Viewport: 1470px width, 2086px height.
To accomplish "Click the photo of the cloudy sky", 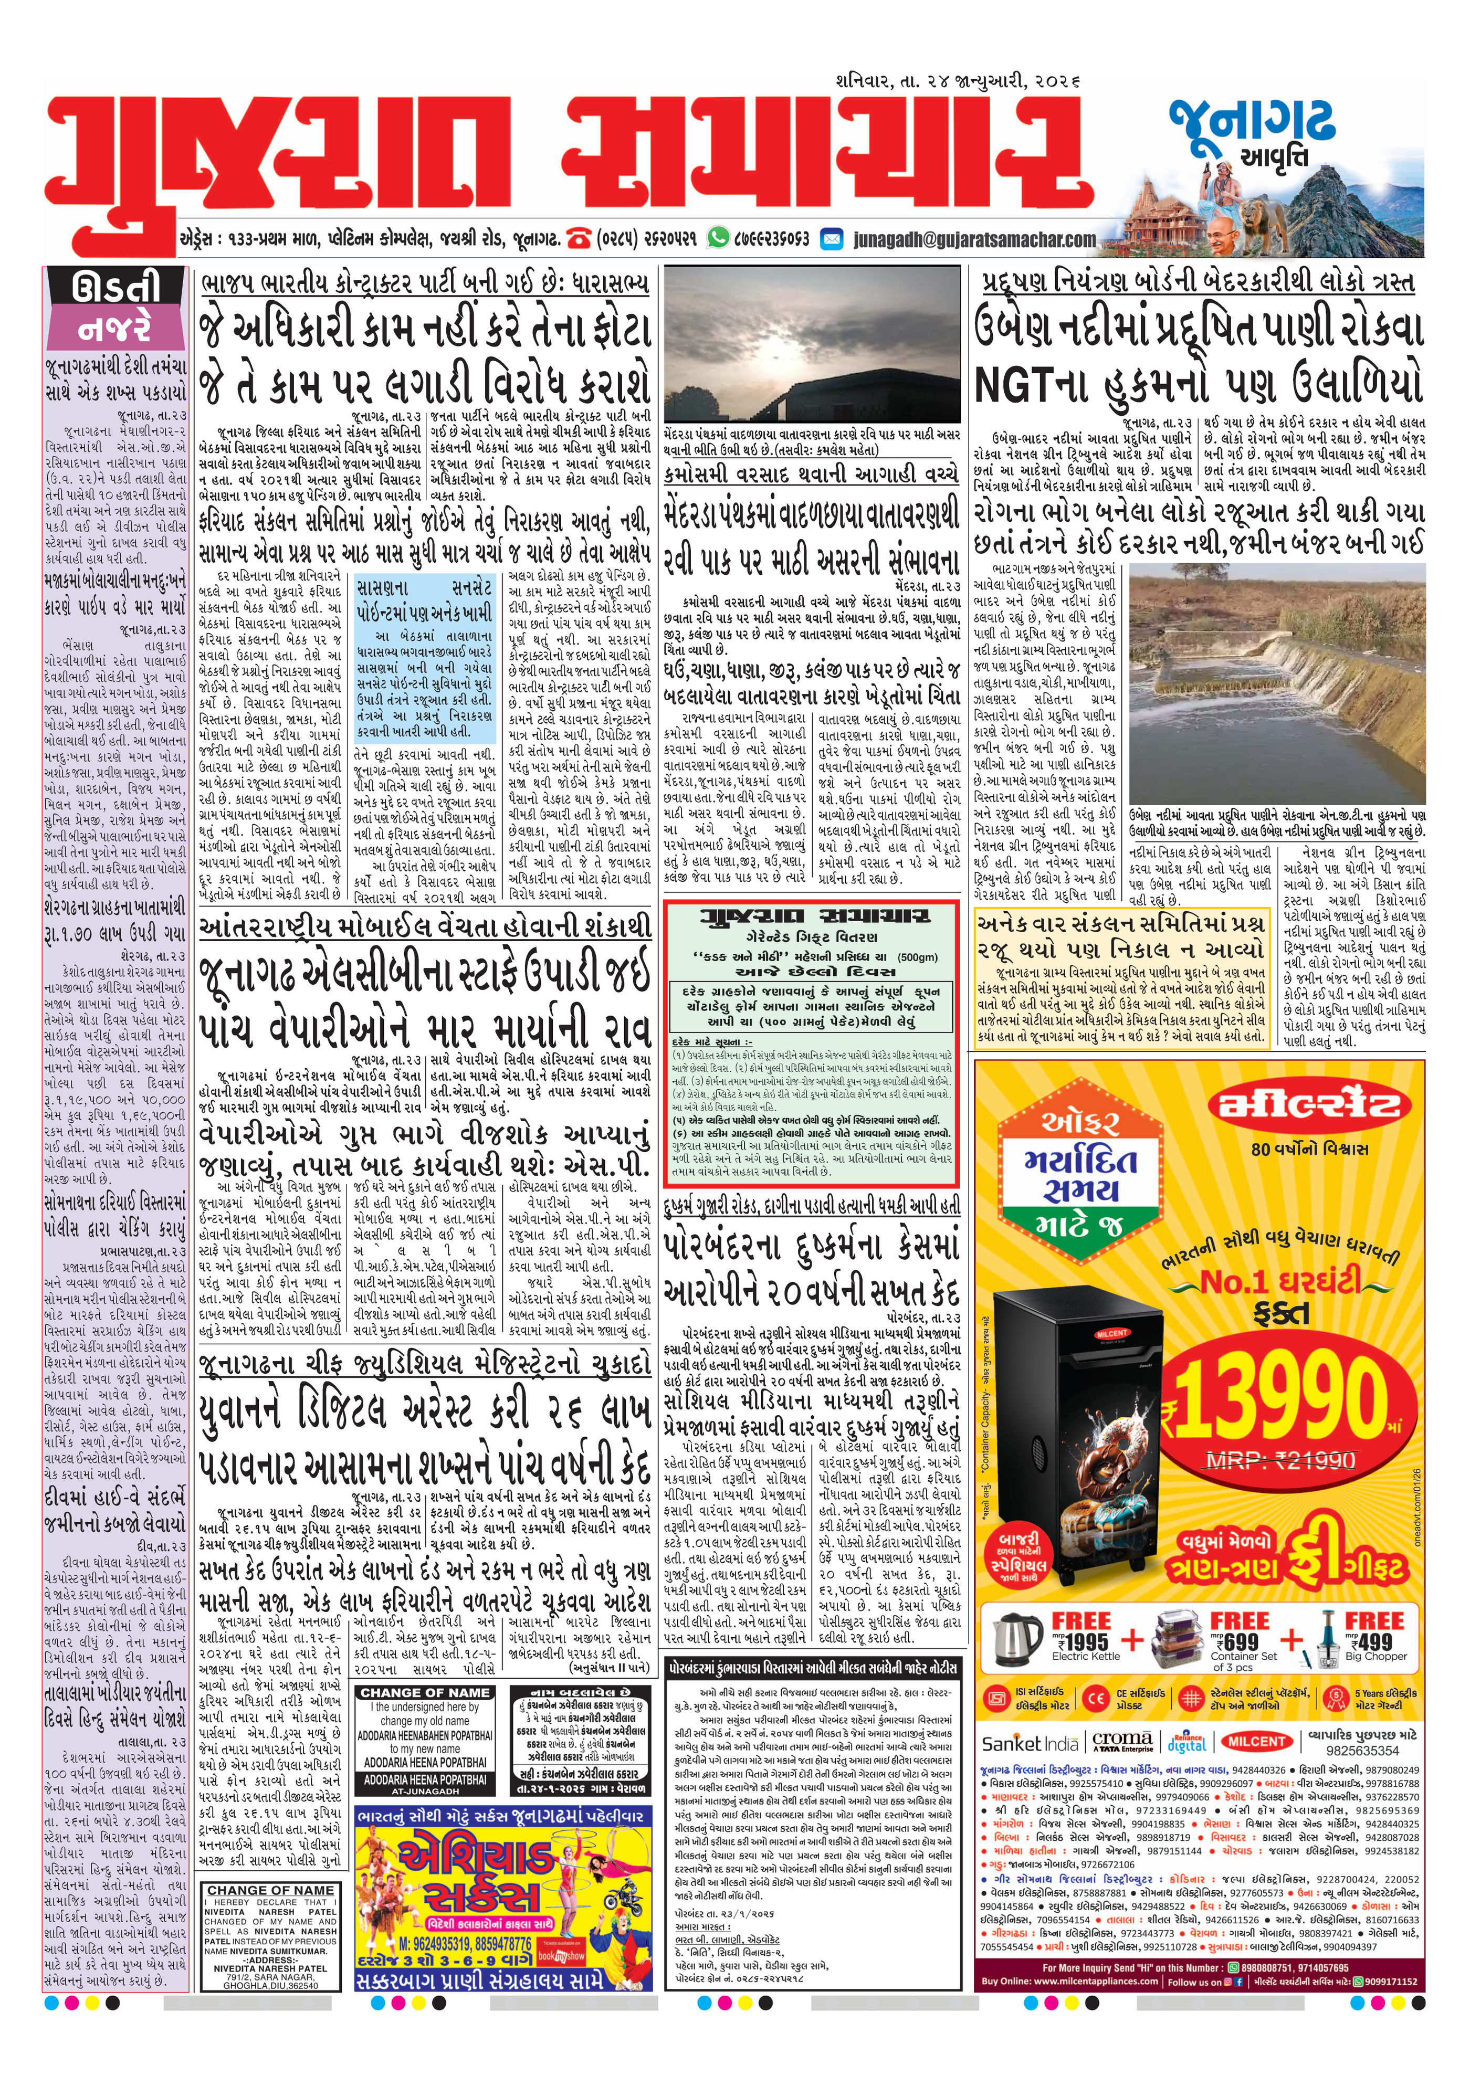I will coord(811,342).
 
